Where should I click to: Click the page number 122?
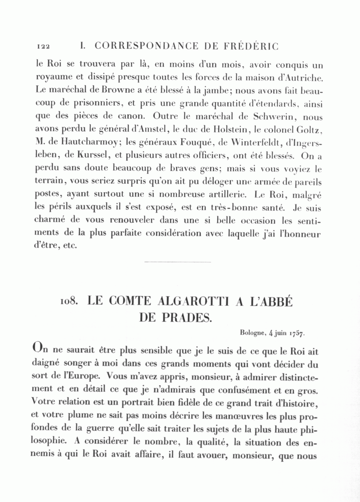point(43,47)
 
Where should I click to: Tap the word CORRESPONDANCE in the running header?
point(146,46)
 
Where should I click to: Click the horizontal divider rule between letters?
point(177,262)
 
